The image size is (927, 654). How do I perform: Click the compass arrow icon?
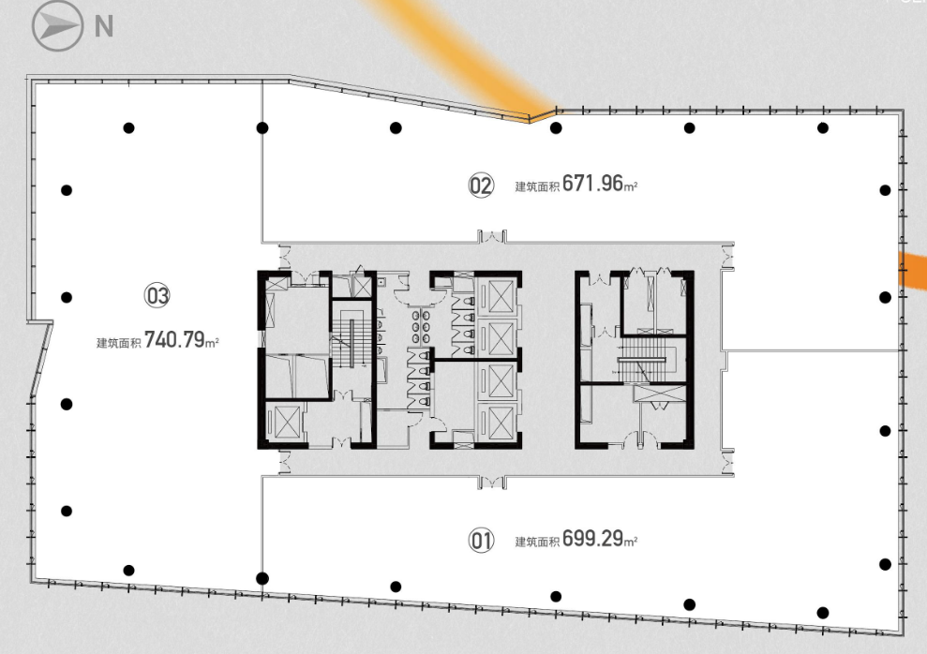tap(57, 26)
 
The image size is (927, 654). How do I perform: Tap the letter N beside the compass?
tap(104, 26)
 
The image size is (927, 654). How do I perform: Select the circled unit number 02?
tap(481, 186)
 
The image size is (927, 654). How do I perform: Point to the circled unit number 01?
tap(481, 540)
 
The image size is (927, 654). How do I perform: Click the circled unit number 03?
tap(157, 295)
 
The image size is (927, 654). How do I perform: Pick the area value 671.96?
tap(593, 183)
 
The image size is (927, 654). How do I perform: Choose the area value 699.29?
tap(593, 538)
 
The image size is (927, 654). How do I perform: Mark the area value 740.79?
tap(174, 340)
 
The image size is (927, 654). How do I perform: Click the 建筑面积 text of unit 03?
tap(118, 343)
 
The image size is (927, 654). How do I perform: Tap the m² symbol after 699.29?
tap(631, 541)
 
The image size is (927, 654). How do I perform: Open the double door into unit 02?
tap(492, 236)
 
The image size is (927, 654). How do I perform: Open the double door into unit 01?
tap(492, 483)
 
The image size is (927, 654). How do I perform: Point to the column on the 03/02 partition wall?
tap(262, 127)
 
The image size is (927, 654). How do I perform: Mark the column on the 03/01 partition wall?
tap(262, 578)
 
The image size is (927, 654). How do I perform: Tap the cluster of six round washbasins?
tap(420, 327)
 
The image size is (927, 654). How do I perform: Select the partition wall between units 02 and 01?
tap(814, 351)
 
